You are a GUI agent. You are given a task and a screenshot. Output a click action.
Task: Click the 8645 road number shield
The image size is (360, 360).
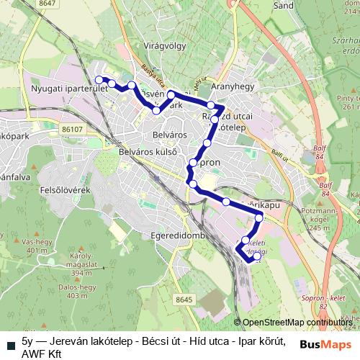tap(185, 300)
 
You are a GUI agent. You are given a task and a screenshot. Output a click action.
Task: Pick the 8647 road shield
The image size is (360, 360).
tap(48, 4)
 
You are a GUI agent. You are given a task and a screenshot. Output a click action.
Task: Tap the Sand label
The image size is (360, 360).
tap(284, 5)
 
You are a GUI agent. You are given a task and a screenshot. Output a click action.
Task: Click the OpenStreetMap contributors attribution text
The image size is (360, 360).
tap(297, 323)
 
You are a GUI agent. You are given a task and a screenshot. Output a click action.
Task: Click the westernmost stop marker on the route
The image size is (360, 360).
tap(99, 80)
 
